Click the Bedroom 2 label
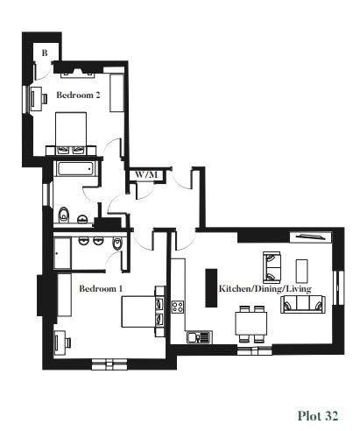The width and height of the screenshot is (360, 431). [78, 95]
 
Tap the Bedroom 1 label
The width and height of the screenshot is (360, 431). [101, 288]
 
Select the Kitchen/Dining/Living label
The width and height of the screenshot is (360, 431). [265, 289]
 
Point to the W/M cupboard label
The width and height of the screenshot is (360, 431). [146, 175]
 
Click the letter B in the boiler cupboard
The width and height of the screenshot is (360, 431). [45, 53]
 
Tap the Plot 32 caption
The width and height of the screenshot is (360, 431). [318, 415]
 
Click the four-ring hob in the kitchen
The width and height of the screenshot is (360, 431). [178, 307]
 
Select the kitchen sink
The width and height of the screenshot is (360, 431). [199, 337]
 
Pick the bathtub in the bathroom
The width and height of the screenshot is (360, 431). [75, 169]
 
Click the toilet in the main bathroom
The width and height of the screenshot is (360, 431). [63, 215]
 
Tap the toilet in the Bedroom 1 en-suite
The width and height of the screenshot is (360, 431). [117, 244]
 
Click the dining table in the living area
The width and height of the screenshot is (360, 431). [251, 323]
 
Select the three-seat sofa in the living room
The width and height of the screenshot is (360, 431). [303, 304]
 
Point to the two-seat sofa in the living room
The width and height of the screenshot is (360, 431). [272, 267]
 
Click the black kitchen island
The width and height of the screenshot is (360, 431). [211, 287]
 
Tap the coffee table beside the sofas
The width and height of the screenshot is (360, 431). [301, 271]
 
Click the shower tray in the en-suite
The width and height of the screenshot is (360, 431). [62, 253]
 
